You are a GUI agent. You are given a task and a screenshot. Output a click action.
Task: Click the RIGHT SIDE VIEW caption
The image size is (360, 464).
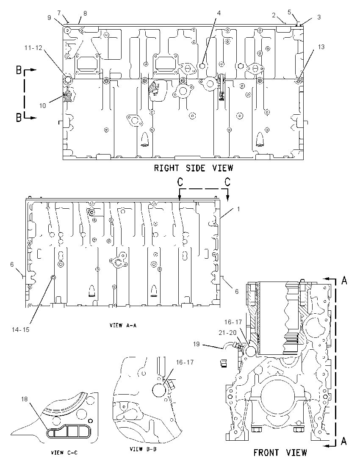[x=193, y=168]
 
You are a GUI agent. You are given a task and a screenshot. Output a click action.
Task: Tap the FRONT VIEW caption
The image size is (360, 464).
[x=280, y=453]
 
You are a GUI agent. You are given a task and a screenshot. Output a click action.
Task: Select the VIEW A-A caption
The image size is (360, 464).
[x=123, y=326]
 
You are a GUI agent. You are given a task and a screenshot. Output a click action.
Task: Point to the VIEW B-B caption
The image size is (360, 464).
[x=143, y=449]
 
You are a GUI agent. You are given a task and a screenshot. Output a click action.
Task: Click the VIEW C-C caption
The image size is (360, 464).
[x=64, y=453]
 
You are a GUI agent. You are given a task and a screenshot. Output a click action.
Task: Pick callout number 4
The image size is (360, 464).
[x=219, y=13]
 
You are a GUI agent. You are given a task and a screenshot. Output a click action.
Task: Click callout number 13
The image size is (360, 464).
[x=321, y=47]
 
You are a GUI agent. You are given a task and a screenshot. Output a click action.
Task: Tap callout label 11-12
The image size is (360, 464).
[x=33, y=48]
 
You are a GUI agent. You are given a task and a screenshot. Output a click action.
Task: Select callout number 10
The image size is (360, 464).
[x=43, y=106]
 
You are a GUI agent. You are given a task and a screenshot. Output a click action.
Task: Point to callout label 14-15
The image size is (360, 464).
[x=21, y=329]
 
